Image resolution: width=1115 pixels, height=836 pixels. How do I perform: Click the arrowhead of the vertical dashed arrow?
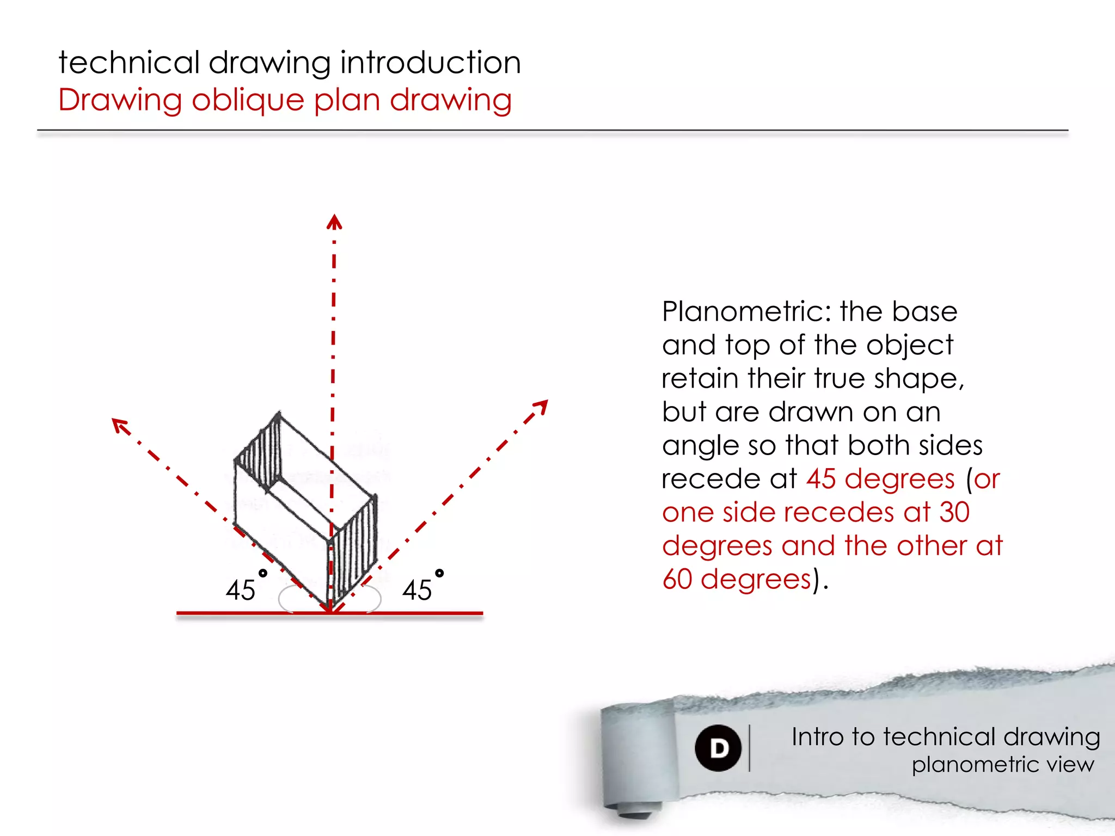[334, 222]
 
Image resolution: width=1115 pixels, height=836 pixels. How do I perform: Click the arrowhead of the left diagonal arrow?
[119, 425]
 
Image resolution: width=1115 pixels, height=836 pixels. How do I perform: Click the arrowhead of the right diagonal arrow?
[541, 407]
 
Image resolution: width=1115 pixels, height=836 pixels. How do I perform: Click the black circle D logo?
[718, 748]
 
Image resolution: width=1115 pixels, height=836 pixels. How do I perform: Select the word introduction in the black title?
[430, 62]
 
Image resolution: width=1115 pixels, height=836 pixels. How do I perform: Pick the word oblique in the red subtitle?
[248, 100]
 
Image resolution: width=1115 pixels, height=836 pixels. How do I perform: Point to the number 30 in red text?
[954, 512]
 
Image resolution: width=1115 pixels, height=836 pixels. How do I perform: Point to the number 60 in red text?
[677, 579]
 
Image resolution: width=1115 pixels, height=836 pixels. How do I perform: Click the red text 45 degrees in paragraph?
[880, 479]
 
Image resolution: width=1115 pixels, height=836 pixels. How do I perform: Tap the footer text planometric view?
[1002, 765]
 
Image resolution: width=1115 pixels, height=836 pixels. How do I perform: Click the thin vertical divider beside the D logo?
[750, 748]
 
